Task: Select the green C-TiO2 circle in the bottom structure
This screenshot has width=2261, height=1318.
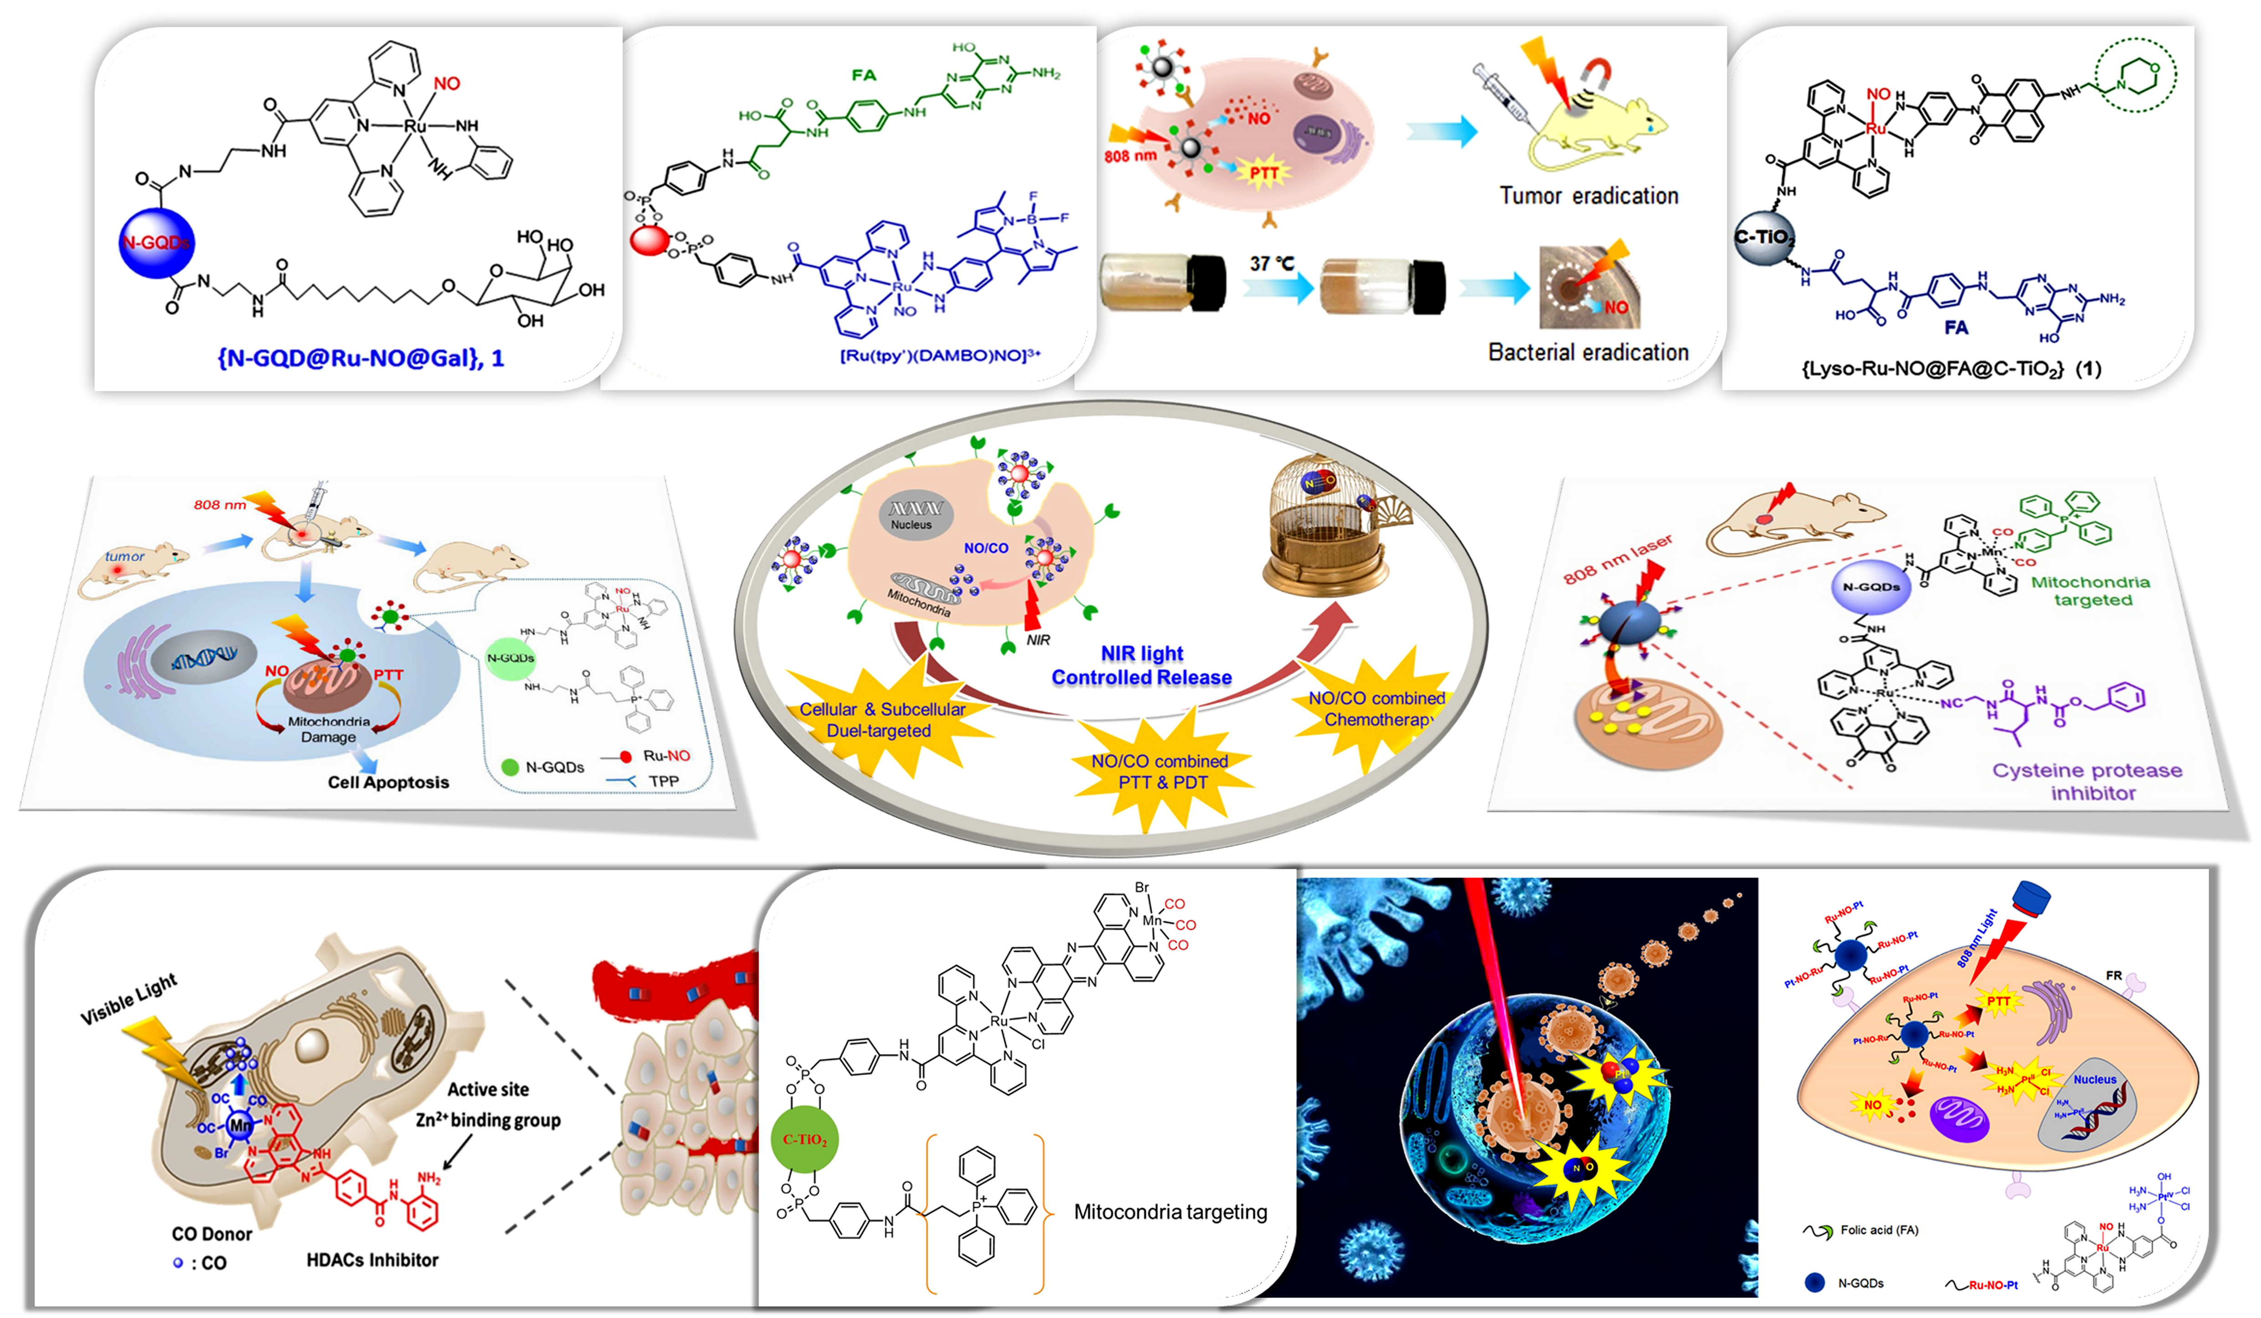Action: point(804,1139)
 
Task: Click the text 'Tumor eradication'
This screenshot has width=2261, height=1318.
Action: point(1588,196)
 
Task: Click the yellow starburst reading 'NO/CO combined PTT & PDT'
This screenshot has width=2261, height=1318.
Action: point(1159,771)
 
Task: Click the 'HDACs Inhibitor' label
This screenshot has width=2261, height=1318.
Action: point(372,1260)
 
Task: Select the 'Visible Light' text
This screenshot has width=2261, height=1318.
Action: point(129,998)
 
